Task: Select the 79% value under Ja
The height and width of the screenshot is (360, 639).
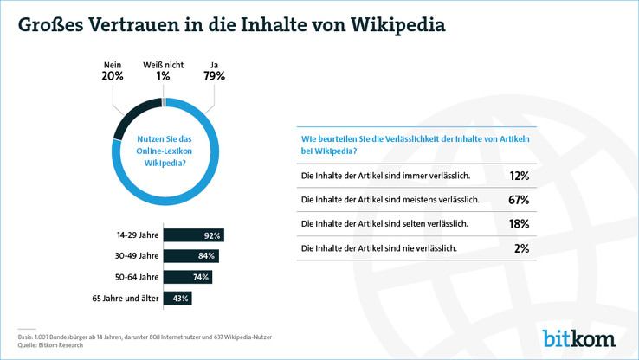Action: pyautogui.click(x=215, y=76)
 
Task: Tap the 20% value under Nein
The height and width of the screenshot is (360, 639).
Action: pyautogui.click(x=113, y=76)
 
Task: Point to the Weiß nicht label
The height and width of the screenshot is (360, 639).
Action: pyautogui.click(x=163, y=63)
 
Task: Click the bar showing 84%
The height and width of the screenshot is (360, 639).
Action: pyautogui.click(x=191, y=256)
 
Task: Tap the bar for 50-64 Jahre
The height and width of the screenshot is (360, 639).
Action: pyautogui.click(x=188, y=277)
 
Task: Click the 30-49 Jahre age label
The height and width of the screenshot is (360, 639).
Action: pyautogui.click(x=138, y=256)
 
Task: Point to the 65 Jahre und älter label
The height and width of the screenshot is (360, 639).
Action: pyautogui.click(x=125, y=298)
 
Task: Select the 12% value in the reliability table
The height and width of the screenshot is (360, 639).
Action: pyautogui.click(x=520, y=176)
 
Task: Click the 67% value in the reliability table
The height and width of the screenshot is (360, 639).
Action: pyautogui.click(x=520, y=200)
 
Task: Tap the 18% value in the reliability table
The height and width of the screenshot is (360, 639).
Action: pyautogui.click(x=520, y=224)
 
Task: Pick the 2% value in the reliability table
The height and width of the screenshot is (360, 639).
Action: pyautogui.click(x=522, y=248)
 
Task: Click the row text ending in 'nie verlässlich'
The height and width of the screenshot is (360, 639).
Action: pyautogui.click(x=378, y=248)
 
